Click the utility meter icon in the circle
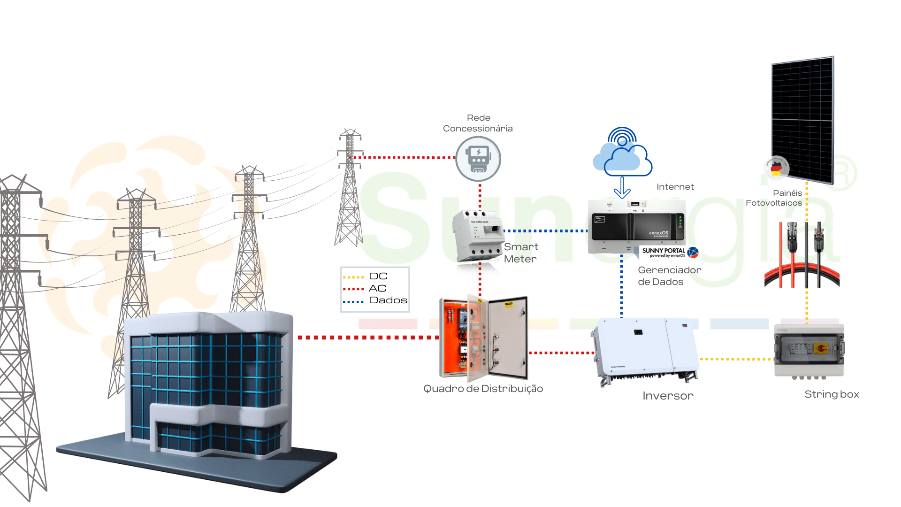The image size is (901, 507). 478,159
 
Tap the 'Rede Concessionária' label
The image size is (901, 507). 478,123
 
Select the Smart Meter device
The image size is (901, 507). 477,236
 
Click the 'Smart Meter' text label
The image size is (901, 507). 521,253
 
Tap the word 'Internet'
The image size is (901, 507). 675,187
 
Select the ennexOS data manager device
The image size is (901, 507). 636,226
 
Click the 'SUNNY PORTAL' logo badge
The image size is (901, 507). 668,253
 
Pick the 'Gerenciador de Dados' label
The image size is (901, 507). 669,276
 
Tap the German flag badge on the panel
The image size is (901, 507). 777,168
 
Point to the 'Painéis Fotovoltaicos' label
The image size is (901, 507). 774,198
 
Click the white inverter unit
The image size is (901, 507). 644,350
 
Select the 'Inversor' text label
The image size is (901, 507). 668,396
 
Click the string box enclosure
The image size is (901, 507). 809,350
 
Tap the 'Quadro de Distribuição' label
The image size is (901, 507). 483,389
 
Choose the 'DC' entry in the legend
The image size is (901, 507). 378,277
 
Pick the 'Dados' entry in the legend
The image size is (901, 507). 388,300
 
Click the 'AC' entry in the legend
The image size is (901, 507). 377,288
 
